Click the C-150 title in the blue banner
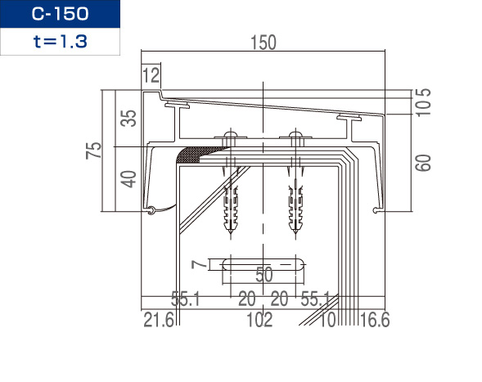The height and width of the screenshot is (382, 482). point(61,14)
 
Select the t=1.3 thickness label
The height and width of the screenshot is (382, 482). point(61,42)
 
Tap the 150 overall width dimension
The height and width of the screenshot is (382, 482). point(264,43)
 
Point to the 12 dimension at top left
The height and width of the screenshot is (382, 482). point(151,75)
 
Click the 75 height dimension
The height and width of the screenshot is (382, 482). point(94,151)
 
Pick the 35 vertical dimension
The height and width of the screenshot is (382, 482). point(128,118)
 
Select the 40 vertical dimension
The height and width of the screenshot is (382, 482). point(128,179)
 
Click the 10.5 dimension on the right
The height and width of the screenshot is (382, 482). point(423,102)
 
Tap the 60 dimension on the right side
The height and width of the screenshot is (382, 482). point(423,163)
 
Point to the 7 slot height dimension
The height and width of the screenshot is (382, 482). point(199,264)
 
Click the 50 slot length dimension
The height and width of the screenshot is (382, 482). point(264,275)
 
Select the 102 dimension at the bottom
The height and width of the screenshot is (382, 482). point(259,320)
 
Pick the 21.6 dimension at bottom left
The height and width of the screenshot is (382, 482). point(159,320)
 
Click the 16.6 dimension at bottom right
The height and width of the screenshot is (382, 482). point(375,320)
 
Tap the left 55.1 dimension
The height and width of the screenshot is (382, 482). point(186,299)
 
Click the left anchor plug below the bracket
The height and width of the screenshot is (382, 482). point(231,209)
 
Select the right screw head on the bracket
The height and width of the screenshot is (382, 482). point(295,134)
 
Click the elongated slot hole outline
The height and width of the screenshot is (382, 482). point(264,264)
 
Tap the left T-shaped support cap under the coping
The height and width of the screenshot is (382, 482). point(177,106)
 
